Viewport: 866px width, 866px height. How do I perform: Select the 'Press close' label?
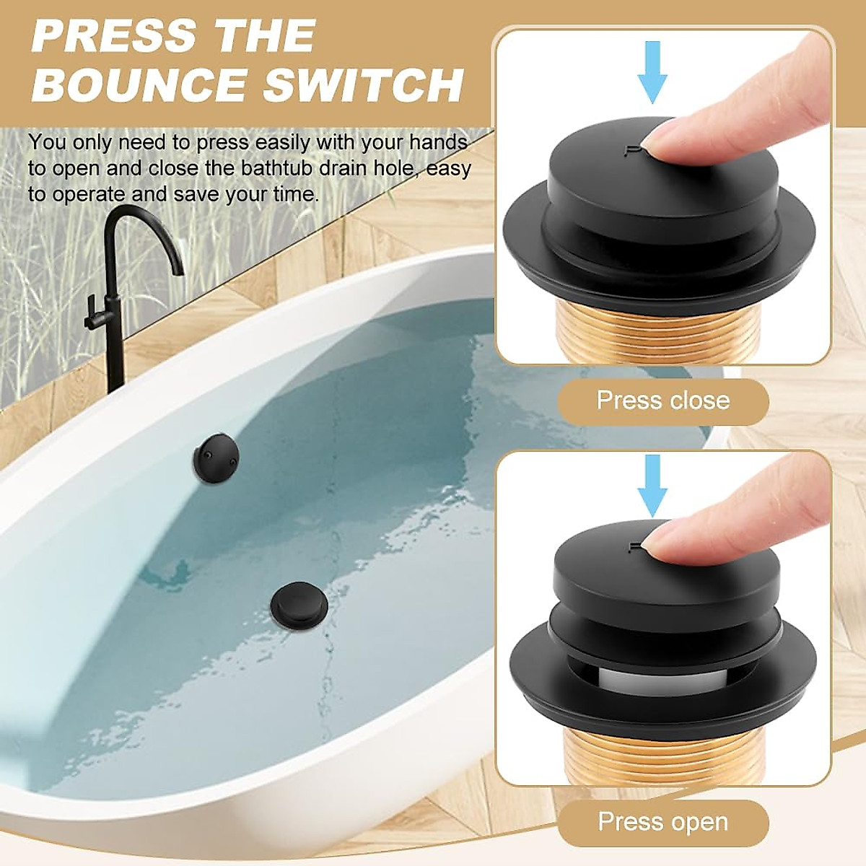click(663, 401)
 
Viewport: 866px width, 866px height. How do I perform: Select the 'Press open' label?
click(663, 822)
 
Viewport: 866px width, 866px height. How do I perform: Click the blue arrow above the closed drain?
click(652, 72)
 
